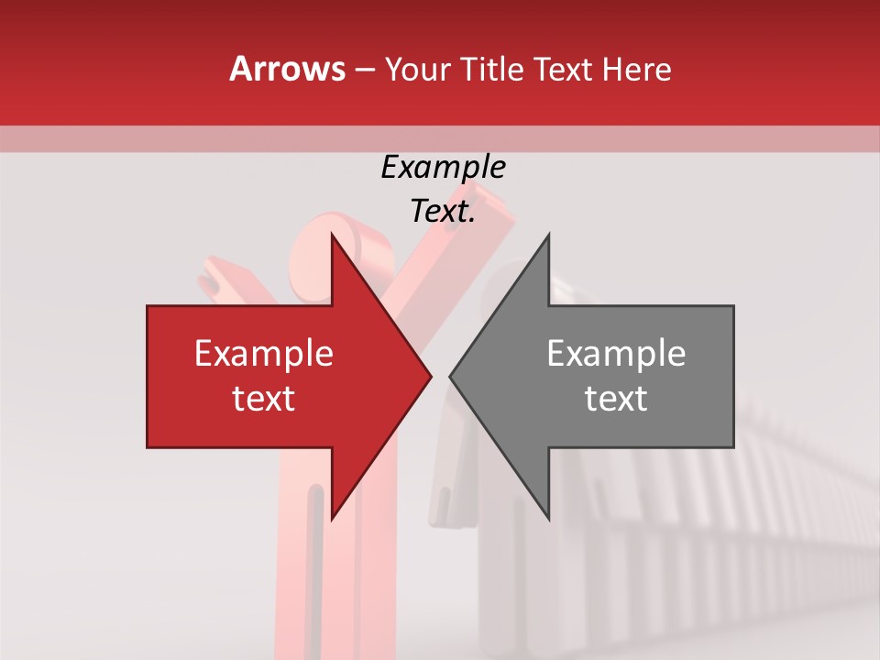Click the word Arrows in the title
(x=287, y=69)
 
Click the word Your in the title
(x=416, y=69)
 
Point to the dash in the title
(x=364, y=70)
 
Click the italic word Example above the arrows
(x=443, y=168)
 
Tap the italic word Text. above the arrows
(x=443, y=212)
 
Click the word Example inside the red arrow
(x=263, y=354)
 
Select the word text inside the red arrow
(x=263, y=399)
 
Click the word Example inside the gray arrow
(x=616, y=354)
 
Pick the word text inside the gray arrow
(x=616, y=399)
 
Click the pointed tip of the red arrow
(x=430, y=376)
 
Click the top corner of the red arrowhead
(x=332, y=235)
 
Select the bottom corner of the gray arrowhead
(x=548, y=518)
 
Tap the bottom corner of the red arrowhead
(x=332, y=518)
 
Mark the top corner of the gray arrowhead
(x=548, y=235)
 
